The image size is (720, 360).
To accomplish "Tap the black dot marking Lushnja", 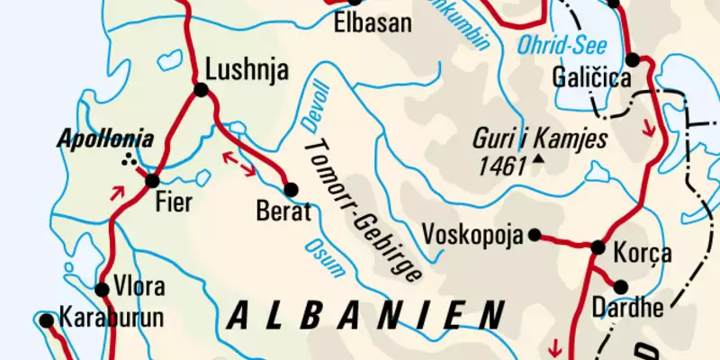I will point(200,89).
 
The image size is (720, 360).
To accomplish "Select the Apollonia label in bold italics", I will point(105,139).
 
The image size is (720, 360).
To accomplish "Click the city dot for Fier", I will point(152,181).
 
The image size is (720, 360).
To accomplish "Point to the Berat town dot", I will point(291,189).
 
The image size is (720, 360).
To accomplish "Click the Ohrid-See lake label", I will point(554,45).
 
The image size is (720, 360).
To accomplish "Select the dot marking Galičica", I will point(633,60).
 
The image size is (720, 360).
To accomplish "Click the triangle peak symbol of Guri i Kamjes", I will point(538,160).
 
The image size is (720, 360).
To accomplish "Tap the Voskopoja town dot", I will point(535,235).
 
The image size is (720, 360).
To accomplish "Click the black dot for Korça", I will point(598,247).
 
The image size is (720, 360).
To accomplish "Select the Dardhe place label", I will point(627,309).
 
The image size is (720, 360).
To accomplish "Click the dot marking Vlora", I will point(103,289).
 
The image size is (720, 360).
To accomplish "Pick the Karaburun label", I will point(98,318).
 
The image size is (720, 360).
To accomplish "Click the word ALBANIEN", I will point(364,315).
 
